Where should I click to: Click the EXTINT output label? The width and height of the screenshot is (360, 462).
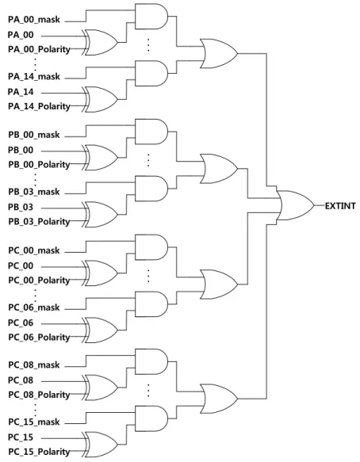click(x=340, y=206)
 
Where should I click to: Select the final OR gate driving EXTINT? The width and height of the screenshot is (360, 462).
click(x=296, y=205)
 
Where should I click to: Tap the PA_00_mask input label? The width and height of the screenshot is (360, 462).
click(x=34, y=20)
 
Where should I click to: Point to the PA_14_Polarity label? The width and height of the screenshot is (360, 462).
click(x=39, y=106)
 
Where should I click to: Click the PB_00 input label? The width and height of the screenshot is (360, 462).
click(x=21, y=151)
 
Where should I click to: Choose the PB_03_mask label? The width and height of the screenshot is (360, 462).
click(x=34, y=192)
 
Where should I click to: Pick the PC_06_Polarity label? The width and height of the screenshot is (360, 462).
click(x=39, y=337)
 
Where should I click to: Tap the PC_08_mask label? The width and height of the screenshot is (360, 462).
click(x=34, y=365)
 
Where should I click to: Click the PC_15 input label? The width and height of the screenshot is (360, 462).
click(x=21, y=437)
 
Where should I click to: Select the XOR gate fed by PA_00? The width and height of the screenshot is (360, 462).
click(x=100, y=42)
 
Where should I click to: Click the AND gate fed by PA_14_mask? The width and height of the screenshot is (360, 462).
click(x=151, y=74)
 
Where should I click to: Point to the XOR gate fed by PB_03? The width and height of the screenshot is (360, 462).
click(x=100, y=215)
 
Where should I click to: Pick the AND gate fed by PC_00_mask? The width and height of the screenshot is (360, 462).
click(x=151, y=247)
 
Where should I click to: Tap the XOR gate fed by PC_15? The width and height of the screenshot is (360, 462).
click(x=100, y=445)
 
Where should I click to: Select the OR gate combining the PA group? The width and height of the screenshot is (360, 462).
click(x=219, y=54)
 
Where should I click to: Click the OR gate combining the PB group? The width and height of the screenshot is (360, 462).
click(x=219, y=169)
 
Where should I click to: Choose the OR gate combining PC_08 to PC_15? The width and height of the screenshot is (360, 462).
click(x=219, y=399)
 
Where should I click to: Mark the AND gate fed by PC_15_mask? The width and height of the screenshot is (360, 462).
click(x=151, y=418)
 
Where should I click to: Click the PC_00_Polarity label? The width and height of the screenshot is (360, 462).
click(x=39, y=280)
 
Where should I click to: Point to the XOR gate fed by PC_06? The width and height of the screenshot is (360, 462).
click(x=100, y=330)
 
